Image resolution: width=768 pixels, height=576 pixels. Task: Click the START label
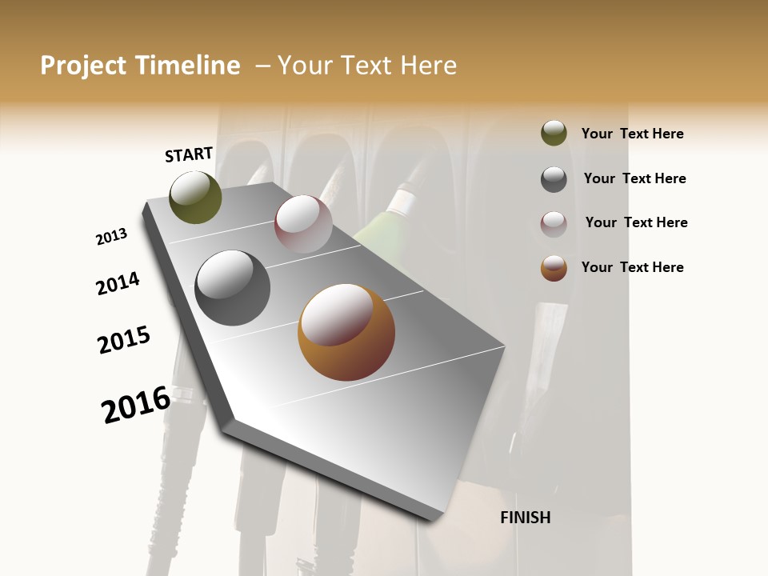[189, 154]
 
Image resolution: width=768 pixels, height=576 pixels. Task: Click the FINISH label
[525, 518]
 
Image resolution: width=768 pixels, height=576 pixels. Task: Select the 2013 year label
[111, 237]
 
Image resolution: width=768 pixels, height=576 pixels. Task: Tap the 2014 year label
[118, 283]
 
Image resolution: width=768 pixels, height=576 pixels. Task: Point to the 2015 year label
[124, 340]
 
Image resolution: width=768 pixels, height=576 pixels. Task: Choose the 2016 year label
[136, 405]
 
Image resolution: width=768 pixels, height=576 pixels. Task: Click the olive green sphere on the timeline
[195, 198]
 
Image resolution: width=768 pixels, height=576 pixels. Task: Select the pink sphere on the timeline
[303, 224]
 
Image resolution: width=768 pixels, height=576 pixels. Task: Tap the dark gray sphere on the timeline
[232, 287]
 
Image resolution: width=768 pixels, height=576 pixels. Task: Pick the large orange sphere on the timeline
[346, 332]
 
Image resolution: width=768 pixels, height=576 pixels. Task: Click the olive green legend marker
[554, 134]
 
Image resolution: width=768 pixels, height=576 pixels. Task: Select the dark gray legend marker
[554, 179]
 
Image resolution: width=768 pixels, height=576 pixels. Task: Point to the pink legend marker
[554, 224]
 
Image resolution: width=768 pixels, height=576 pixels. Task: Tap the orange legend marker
[554, 268]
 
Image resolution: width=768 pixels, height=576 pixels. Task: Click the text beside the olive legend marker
[632, 134]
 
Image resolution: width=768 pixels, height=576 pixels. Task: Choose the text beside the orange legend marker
[632, 267]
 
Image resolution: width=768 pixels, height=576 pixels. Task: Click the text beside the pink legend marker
[636, 222]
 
